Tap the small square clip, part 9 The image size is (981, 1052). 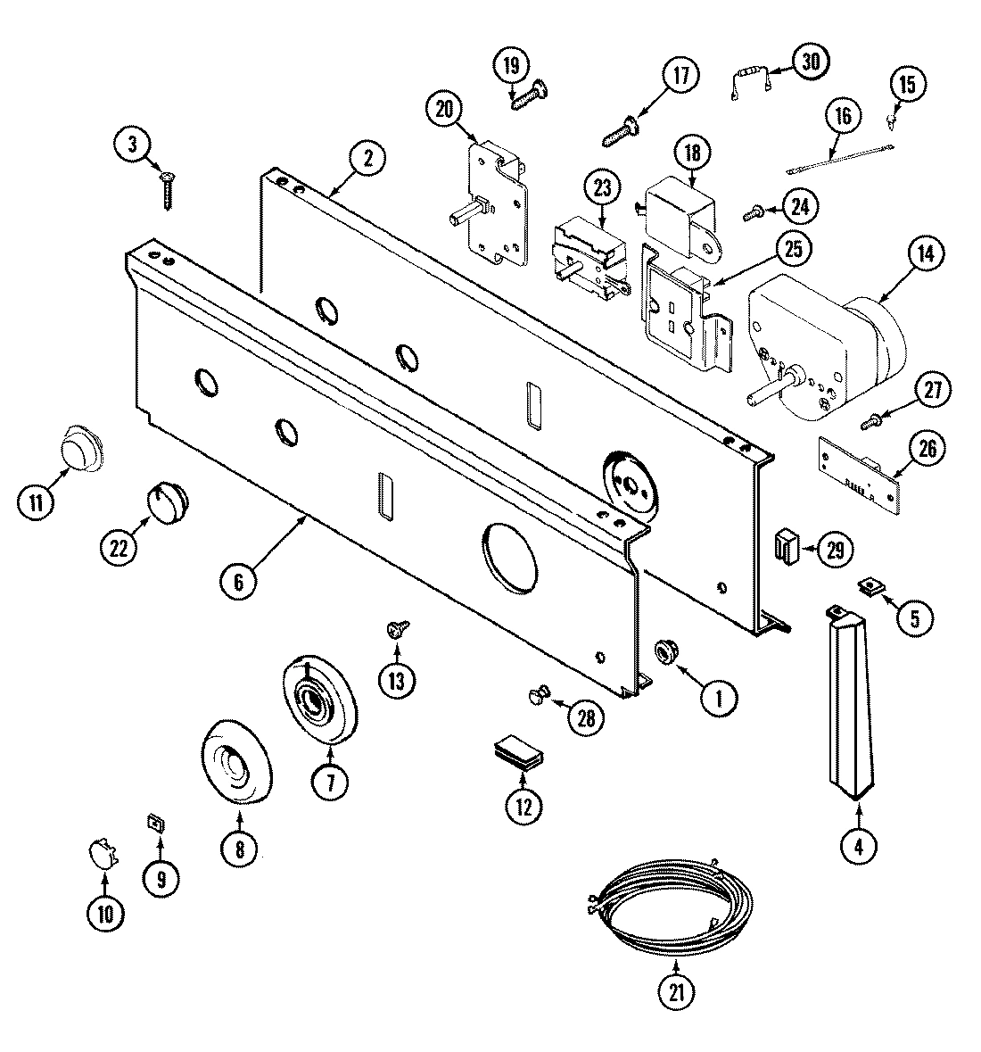[x=155, y=822]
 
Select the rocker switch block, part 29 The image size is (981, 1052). [x=787, y=545]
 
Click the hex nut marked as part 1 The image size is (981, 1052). [x=666, y=652]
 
